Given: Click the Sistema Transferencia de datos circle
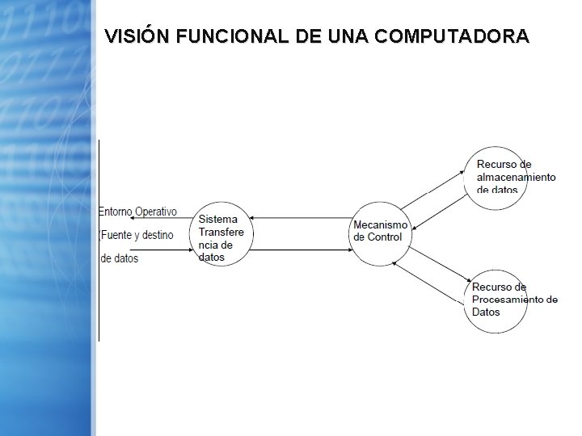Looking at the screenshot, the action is tap(222, 233).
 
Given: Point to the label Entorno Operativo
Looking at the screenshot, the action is tap(137, 212).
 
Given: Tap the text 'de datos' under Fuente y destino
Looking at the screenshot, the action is tap(120, 258).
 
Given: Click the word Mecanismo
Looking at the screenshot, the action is tap(381, 224).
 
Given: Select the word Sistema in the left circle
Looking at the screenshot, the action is tap(218, 220).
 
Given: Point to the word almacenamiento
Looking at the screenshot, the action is tap(516, 178).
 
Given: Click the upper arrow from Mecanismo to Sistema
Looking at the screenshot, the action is tap(299, 218).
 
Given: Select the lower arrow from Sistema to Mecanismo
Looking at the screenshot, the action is tap(299, 250).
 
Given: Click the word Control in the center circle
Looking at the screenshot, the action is tap(384, 237).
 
